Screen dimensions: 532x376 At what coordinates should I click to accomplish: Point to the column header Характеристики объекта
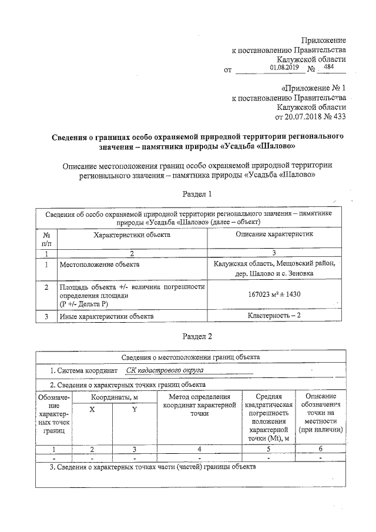pos(132,235)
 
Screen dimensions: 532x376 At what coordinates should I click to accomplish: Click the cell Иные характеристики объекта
pos(106,316)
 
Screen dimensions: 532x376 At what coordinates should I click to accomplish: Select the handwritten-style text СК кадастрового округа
pos(164,371)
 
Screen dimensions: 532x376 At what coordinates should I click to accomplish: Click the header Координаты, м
pos(113,398)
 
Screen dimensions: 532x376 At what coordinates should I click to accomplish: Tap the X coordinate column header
pos(92,409)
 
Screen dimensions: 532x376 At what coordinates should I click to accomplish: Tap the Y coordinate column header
pos(134,409)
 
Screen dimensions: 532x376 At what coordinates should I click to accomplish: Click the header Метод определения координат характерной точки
pos(199,406)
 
